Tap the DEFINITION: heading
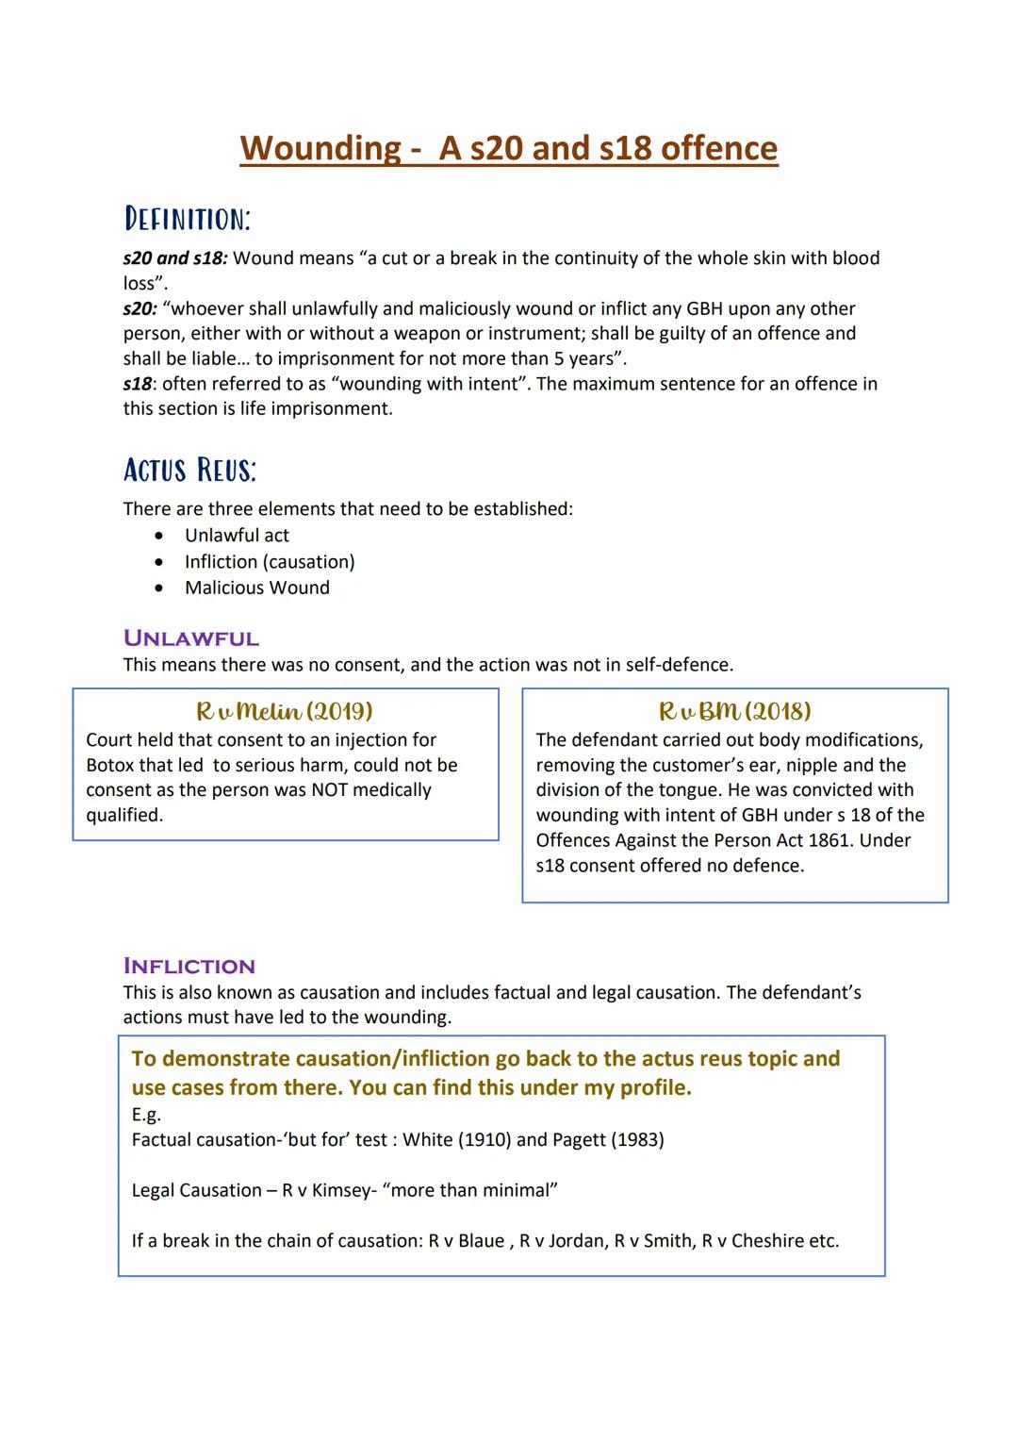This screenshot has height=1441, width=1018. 187,219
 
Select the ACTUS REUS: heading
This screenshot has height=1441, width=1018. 189,469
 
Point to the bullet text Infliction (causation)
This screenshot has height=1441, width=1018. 270,561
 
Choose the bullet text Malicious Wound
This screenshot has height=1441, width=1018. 256,588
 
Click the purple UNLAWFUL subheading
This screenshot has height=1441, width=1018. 190,638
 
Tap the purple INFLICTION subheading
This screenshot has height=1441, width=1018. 189,966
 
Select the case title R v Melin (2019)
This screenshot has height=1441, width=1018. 284,711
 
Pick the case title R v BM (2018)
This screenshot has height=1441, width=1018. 734,711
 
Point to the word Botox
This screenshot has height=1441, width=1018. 112,765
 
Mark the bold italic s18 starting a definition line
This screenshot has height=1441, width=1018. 137,384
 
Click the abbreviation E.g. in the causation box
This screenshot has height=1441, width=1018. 146,1115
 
